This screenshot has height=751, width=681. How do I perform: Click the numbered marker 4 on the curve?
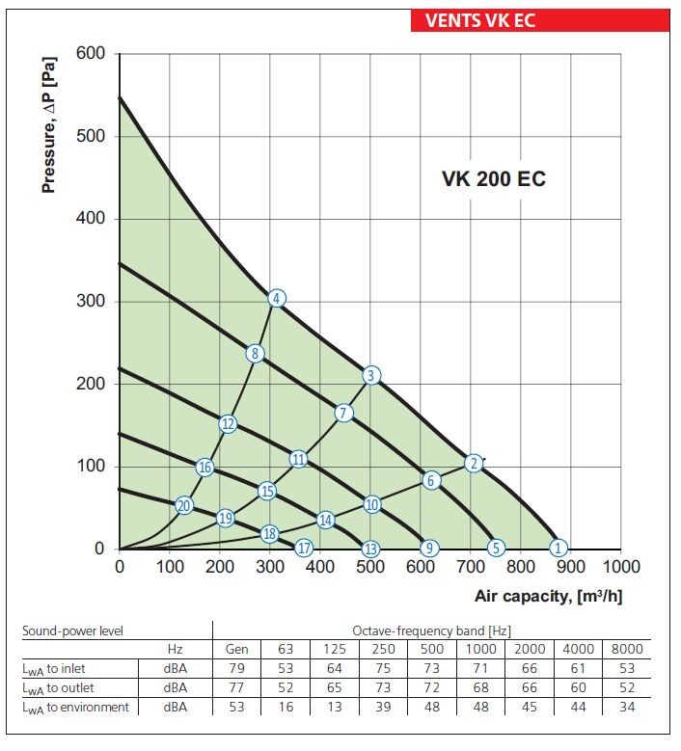coord(277,299)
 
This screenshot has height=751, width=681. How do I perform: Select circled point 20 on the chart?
coord(184,505)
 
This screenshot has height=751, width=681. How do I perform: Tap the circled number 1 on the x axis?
coord(558,549)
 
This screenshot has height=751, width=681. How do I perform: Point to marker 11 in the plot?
coord(298,459)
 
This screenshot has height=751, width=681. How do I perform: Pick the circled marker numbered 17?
coord(305,549)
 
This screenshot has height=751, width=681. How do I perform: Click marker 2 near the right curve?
coord(473,464)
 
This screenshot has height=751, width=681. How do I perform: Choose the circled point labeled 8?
coord(255,354)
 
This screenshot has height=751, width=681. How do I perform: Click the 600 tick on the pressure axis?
coord(91,54)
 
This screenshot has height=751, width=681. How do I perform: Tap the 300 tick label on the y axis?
coord(91,302)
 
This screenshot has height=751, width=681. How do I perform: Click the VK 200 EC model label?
coord(494,179)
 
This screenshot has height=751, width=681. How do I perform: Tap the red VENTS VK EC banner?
coord(540,20)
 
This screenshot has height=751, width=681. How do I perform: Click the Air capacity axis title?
coord(548,597)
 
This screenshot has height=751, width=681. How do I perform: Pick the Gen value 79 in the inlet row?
coord(236,669)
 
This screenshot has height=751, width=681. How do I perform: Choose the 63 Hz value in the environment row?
coord(286,708)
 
